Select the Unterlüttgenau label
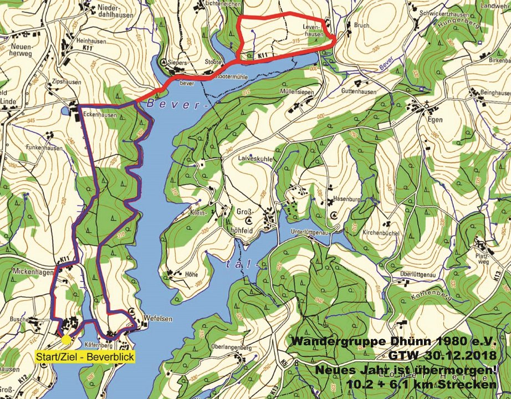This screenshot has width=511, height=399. (307, 233)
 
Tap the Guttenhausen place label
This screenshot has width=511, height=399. (359, 92)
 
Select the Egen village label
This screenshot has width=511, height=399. (435, 117)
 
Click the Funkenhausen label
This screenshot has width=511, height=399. (45, 149)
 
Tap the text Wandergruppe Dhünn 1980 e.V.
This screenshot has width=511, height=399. (395, 341)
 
